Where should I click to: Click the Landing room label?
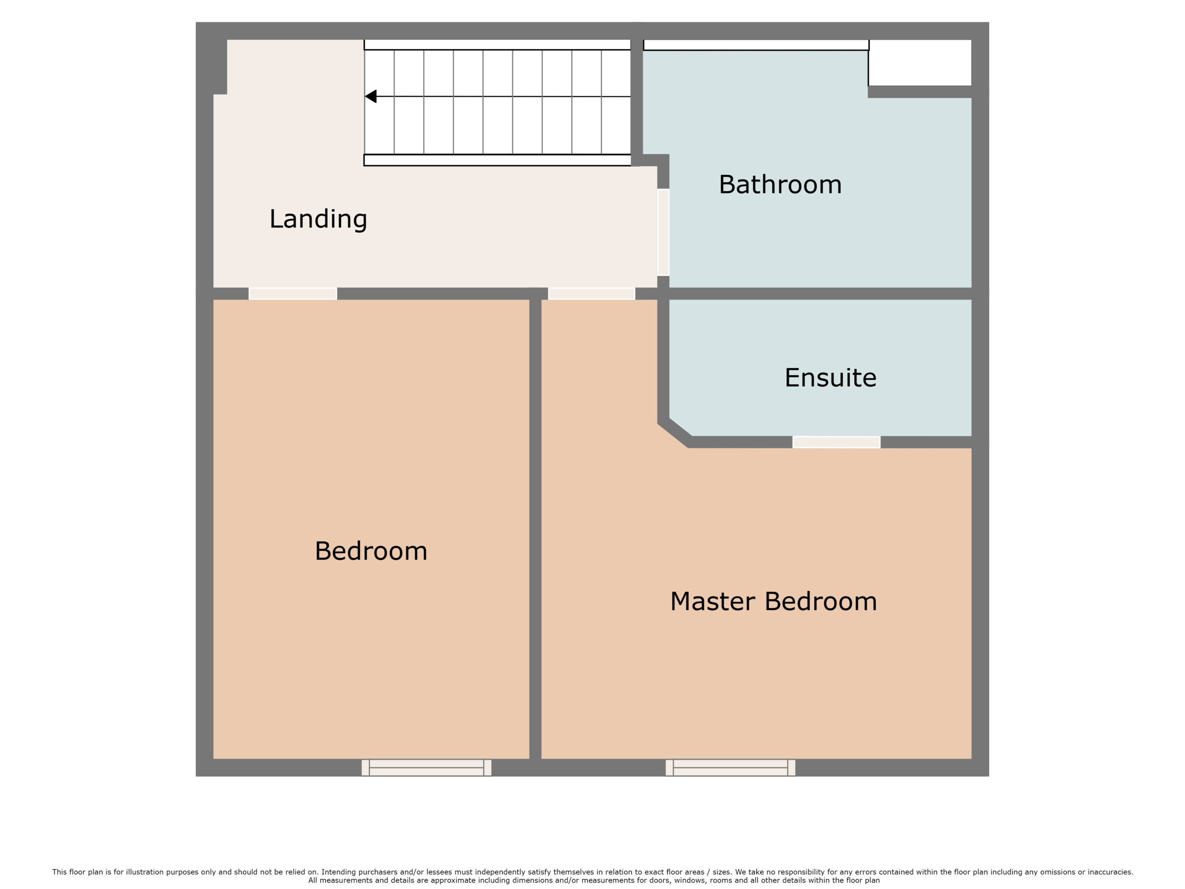[x=318, y=219]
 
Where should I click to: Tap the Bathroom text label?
[x=780, y=184]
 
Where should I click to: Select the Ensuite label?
[x=830, y=378]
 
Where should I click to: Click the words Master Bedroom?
[x=773, y=601]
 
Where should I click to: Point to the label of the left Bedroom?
[x=371, y=551]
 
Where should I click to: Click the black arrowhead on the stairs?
[x=371, y=96]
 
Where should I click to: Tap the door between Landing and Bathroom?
[x=663, y=232]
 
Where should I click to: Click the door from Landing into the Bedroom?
[x=293, y=294]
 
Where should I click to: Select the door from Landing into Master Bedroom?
[x=592, y=294]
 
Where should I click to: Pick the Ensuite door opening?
[x=836, y=442]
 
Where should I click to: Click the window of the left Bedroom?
[x=426, y=767]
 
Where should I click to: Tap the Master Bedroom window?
[x=730, y=767]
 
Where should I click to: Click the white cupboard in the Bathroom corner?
[x=920, y=63]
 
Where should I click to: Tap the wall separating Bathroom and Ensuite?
[x=820, y=294]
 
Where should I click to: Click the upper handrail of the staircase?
[x=497, y=45]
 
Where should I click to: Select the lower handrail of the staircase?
[x=497, y=160]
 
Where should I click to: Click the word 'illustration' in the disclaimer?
[x=144, y=872]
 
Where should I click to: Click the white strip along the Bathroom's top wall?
[x=756, y=45]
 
